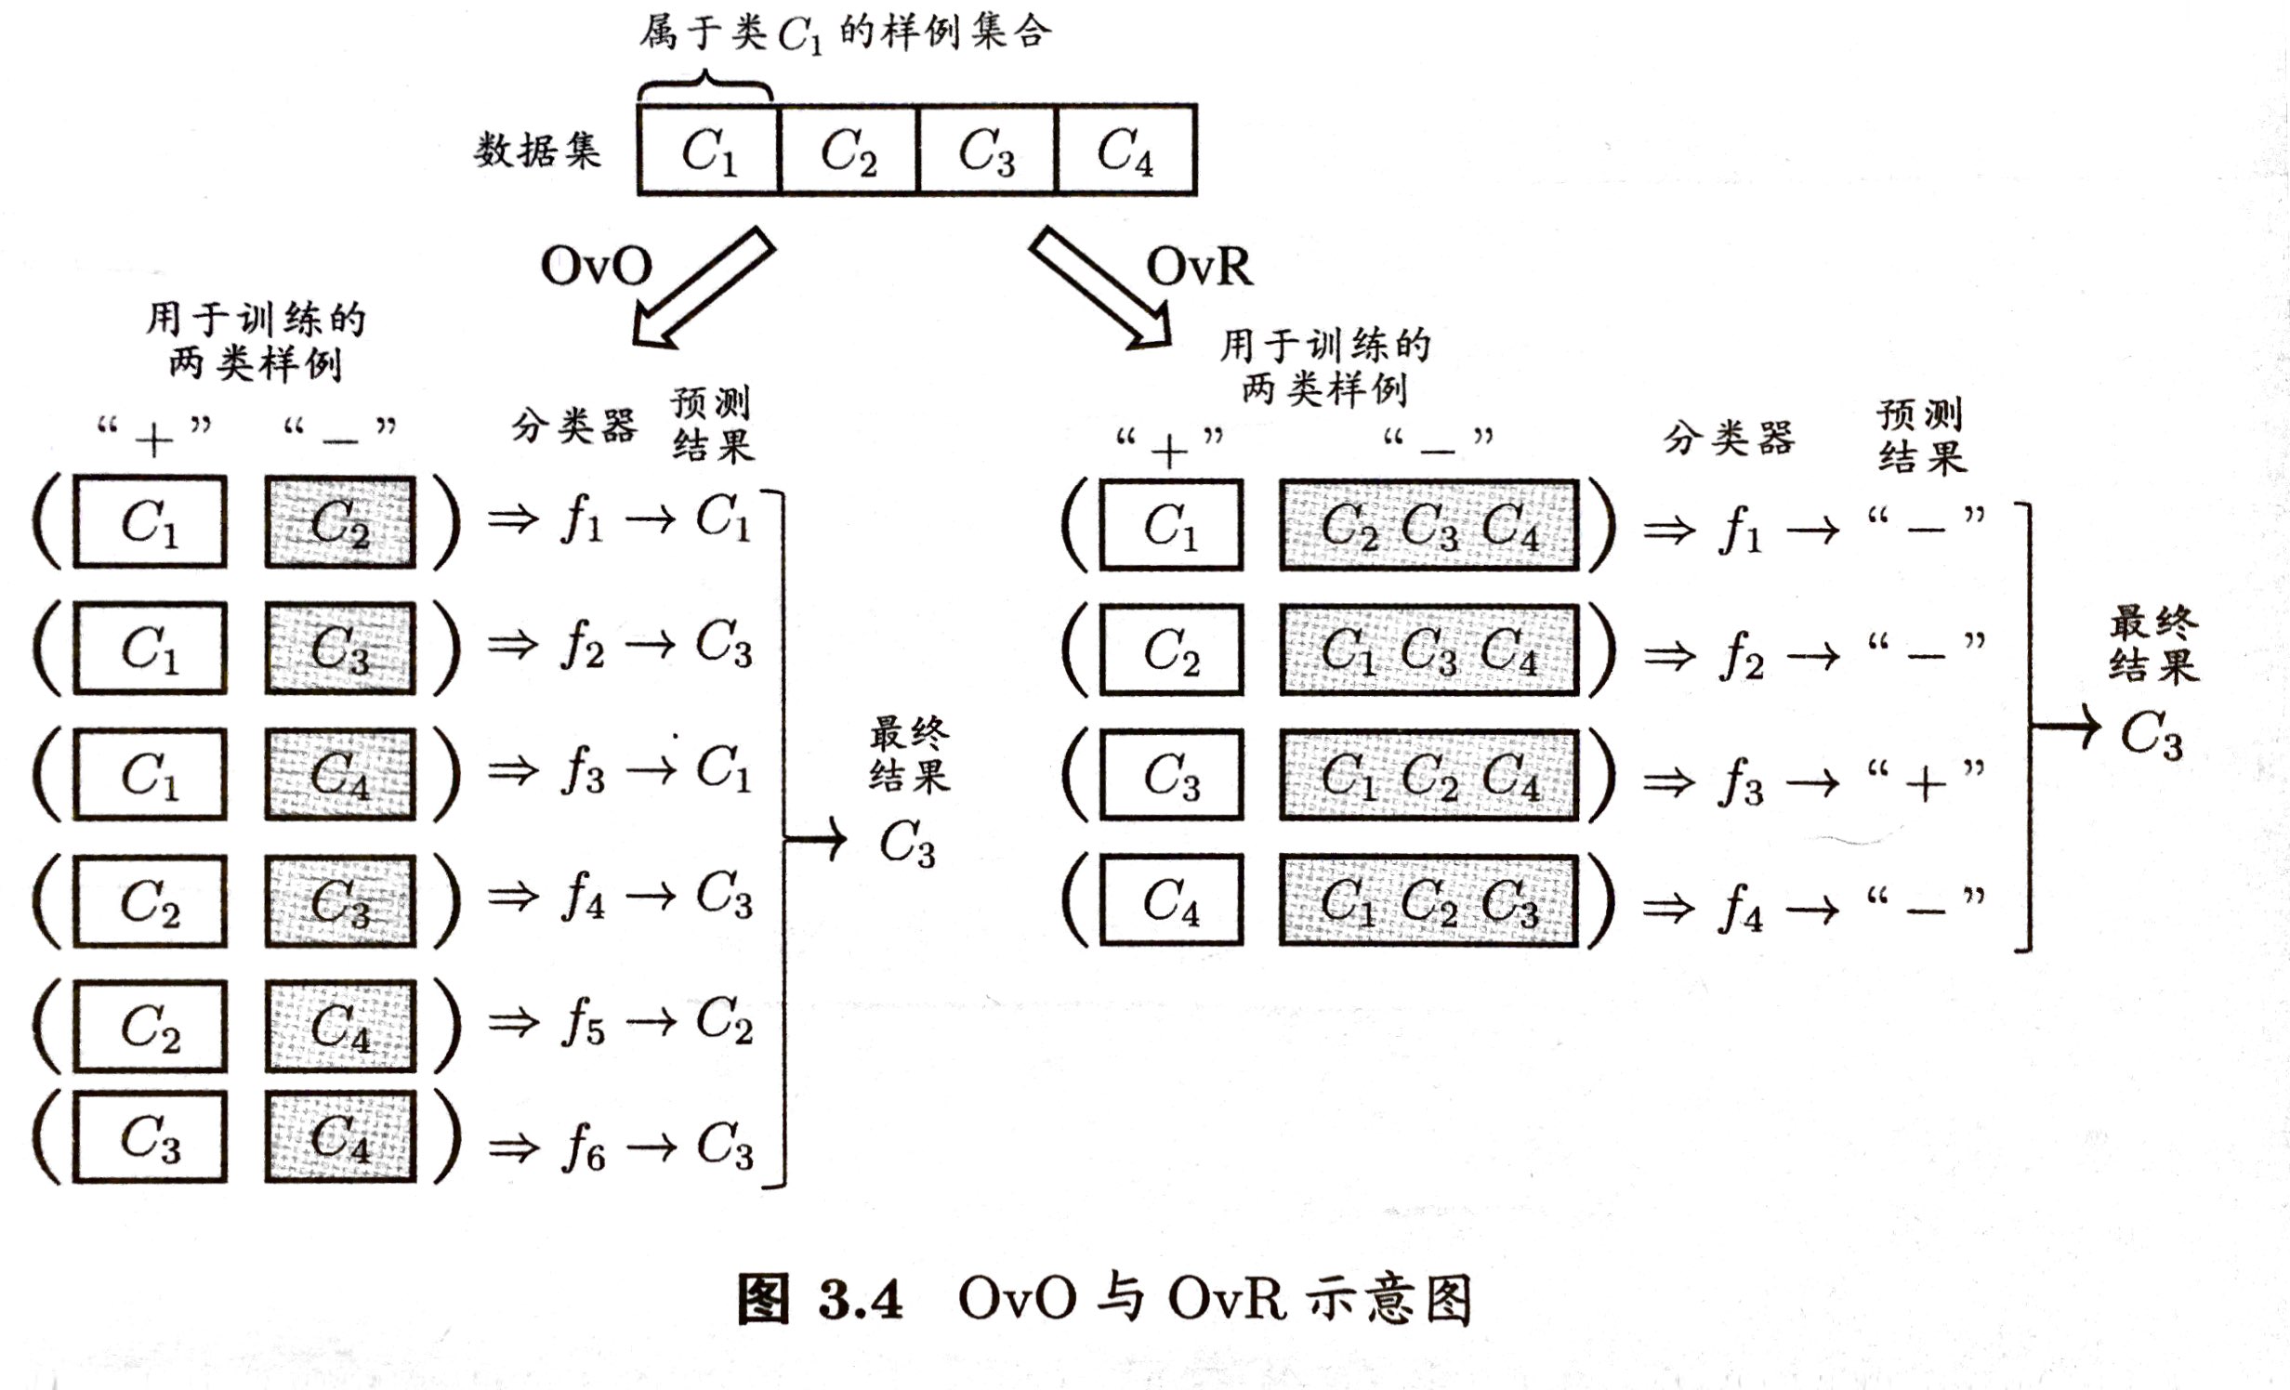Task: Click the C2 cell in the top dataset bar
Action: (848, 151)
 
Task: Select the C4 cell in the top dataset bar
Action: (1125, 151)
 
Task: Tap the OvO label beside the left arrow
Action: (596, 267)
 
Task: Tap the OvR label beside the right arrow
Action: (1199, 267)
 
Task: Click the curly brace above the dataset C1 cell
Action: (704, 85)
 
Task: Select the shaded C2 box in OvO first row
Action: (340, 522)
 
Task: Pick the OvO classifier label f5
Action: (583, 1023)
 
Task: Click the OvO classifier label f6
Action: (583, 1148)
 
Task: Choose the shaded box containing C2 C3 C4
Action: (1428, 526)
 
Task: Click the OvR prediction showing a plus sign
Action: (1926, 782)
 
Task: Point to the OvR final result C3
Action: (2151, 736)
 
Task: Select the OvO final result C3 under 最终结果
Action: (907, 844)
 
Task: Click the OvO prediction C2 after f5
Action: (724, 1021)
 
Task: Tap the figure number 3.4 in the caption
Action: (861, 1299)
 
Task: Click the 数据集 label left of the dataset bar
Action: (538, 151)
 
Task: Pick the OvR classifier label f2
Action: (1740, 656)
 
